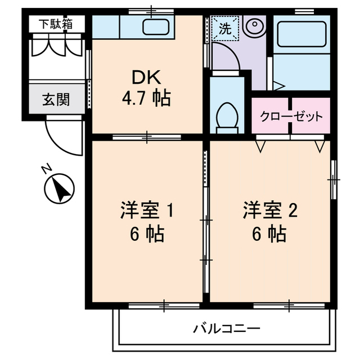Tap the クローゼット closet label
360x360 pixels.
[291, 117]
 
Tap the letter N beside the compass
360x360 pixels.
[47, 169]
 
